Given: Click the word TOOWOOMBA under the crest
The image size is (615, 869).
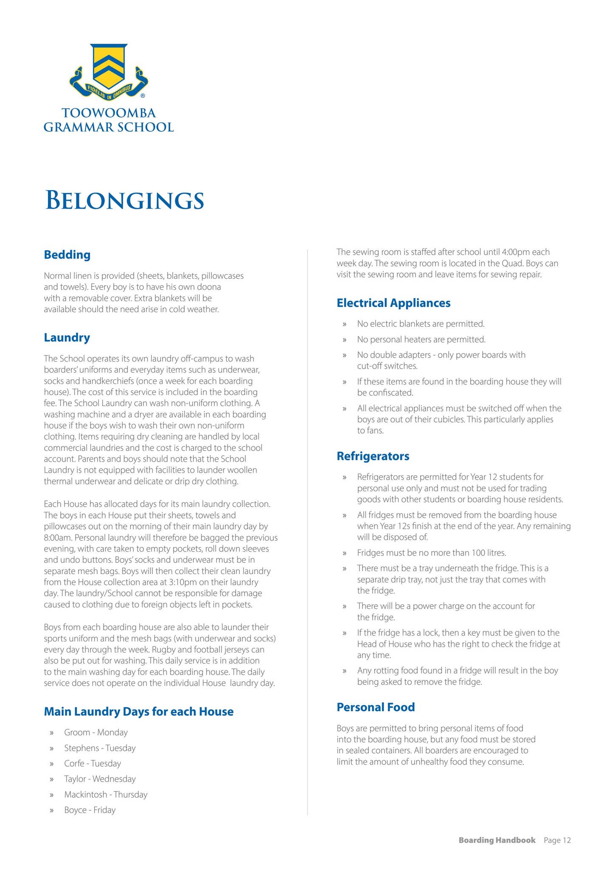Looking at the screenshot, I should click(109, 113).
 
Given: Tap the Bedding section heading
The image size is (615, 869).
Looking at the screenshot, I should click(67, 255).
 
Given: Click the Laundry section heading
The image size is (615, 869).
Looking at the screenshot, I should click(67, 338).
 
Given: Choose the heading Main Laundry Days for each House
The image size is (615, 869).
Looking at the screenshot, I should click(138, 712).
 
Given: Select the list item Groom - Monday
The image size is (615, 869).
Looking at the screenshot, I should click(95, 733).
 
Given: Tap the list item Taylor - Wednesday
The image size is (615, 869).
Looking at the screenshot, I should click(100, 779).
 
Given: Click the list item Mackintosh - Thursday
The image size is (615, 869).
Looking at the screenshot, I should click(106, 795).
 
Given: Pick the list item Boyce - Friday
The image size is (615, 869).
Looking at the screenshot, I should click(90, 810).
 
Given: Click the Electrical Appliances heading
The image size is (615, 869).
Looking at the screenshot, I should click(393, 303).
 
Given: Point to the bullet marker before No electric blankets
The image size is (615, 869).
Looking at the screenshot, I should click(345, 324).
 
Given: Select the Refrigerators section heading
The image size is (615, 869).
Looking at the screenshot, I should click(373, 456).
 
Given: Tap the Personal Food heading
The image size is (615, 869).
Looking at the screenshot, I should click(375, 707).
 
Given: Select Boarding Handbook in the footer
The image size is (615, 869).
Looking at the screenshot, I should click(497, 840).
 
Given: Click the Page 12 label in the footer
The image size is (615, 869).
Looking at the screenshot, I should click(557, 840).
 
